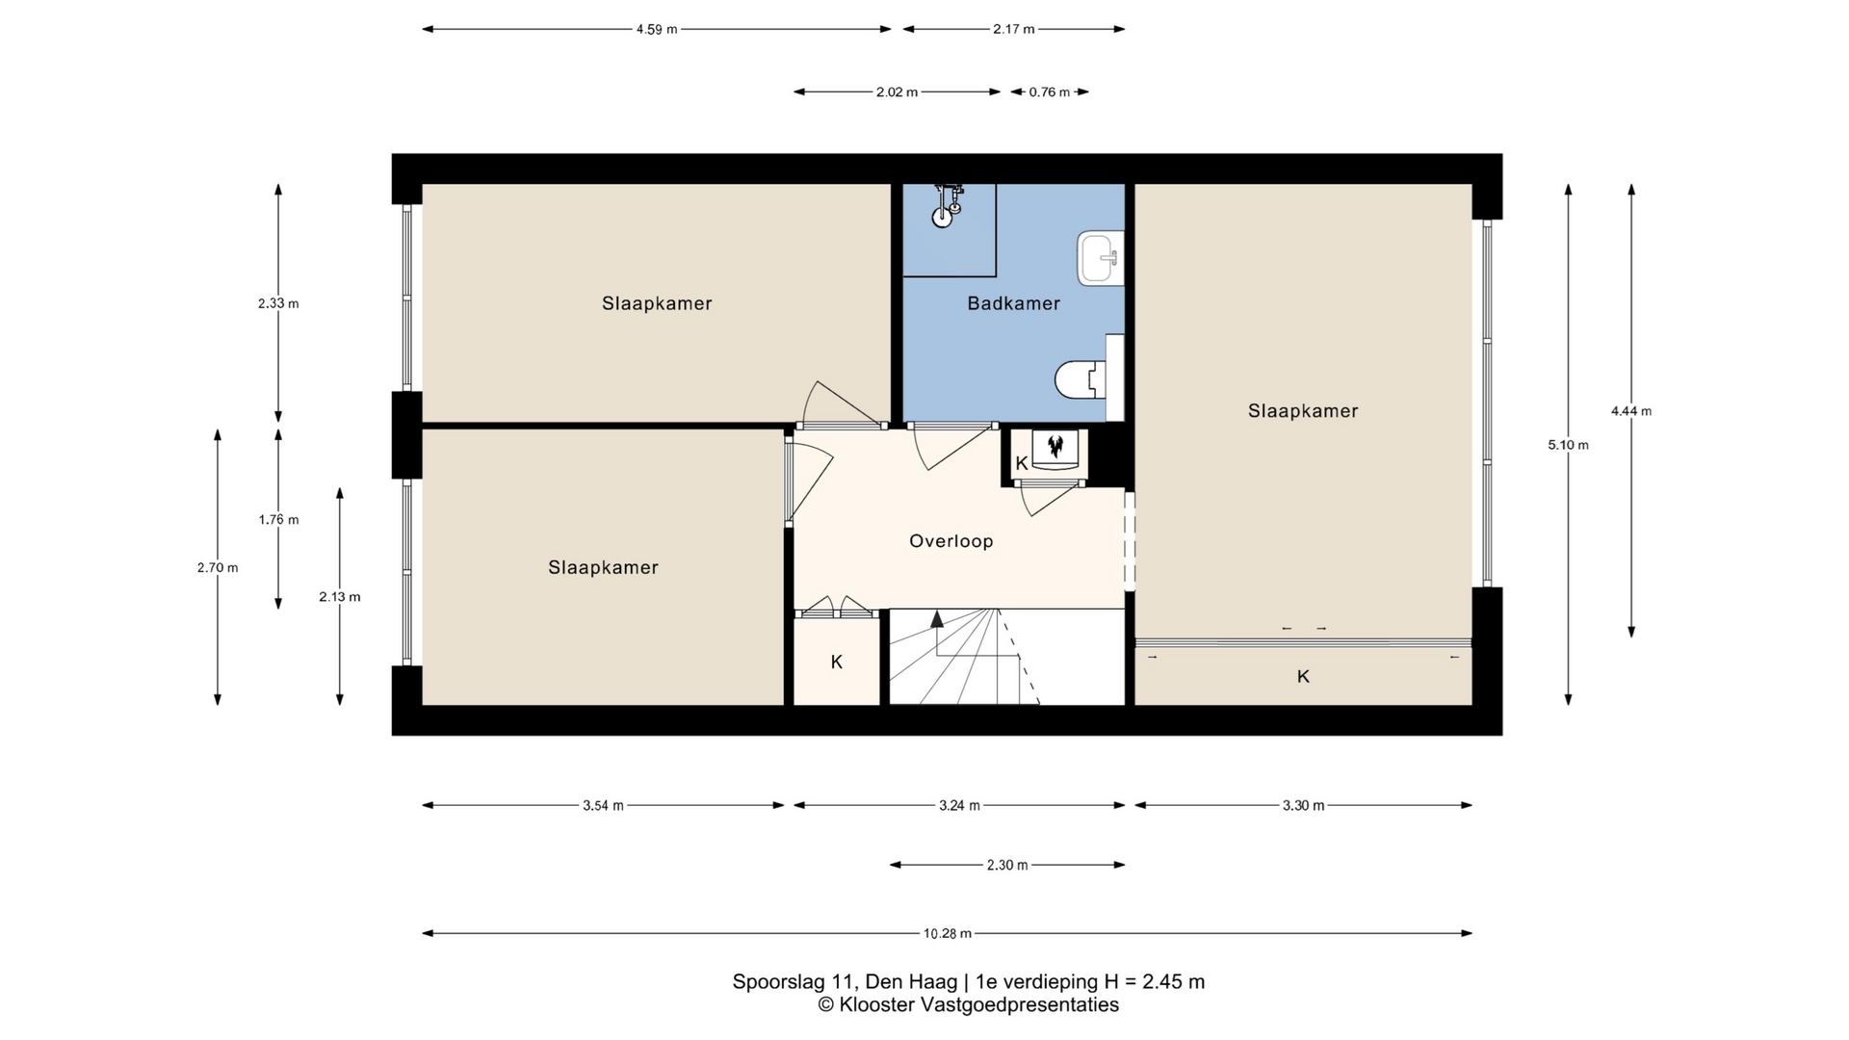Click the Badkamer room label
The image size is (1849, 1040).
1013,303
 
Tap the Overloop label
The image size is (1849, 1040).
951,541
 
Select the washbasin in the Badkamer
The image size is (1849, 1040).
1101,258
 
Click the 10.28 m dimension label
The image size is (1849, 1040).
948,933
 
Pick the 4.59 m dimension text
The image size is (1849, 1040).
657,29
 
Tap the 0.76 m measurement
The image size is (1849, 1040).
1050,92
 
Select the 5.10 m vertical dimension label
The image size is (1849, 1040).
1568,445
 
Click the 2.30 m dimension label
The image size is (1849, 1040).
1007,865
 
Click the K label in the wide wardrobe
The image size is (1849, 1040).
1303,676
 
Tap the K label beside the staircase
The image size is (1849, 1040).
837,662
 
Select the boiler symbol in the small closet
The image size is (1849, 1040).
1055,446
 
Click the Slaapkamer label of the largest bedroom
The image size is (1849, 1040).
1303,411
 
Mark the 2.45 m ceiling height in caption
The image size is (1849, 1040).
1173,982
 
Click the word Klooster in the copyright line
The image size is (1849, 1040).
876,1005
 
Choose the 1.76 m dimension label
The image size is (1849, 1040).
278,520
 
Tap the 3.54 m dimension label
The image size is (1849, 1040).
603,806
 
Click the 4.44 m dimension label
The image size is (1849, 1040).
1631,411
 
